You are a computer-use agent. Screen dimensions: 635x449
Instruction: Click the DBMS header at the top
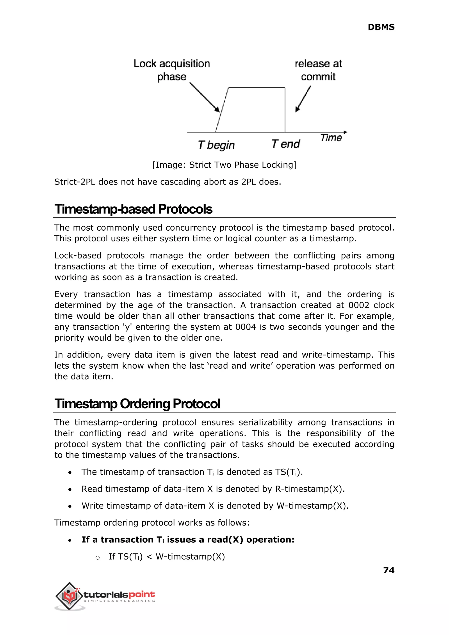[381, 27]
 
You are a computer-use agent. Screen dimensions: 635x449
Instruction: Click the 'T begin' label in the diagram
[216, 145]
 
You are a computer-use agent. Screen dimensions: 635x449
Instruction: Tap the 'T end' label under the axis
[286, 144]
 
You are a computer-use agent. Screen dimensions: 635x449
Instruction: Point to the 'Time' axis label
[331, 138]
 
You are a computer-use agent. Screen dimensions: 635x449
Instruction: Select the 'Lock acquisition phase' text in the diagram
[172, 70]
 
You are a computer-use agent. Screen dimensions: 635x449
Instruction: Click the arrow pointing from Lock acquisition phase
[205, 97]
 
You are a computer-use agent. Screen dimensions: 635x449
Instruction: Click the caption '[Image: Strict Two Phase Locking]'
[224, 165]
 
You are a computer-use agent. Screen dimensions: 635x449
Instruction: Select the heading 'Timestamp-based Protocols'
[133, 209]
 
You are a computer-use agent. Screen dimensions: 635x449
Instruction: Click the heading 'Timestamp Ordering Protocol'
[137, 404]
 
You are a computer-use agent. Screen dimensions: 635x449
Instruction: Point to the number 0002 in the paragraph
[359, 305]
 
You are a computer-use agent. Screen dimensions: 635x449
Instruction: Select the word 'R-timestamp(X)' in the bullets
[309, 489]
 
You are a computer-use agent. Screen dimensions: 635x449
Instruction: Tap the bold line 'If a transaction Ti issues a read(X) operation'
[188, 540]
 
